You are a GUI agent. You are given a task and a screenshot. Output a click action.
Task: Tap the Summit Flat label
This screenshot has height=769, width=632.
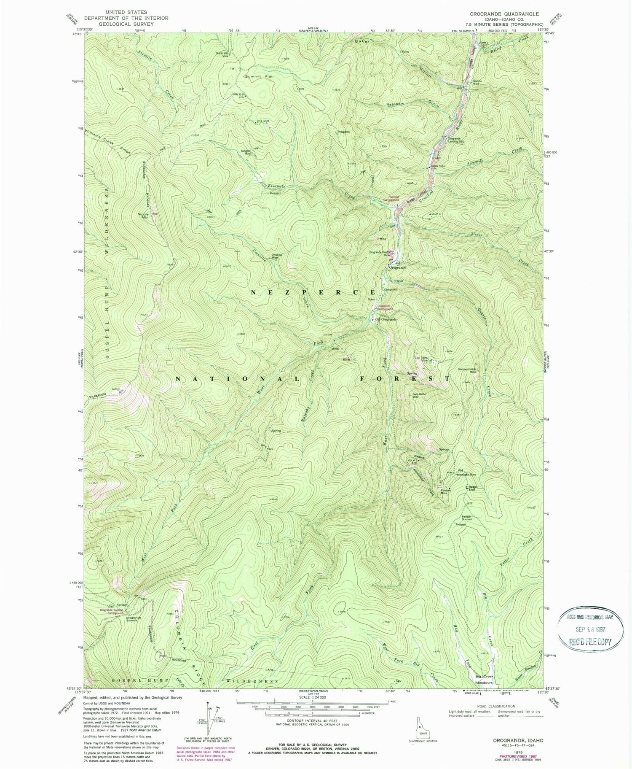(258, 77)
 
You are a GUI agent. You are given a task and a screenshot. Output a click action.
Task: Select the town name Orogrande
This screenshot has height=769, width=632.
(397, 268)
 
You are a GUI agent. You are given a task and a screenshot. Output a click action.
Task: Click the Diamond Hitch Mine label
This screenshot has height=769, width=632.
(467, 371)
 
